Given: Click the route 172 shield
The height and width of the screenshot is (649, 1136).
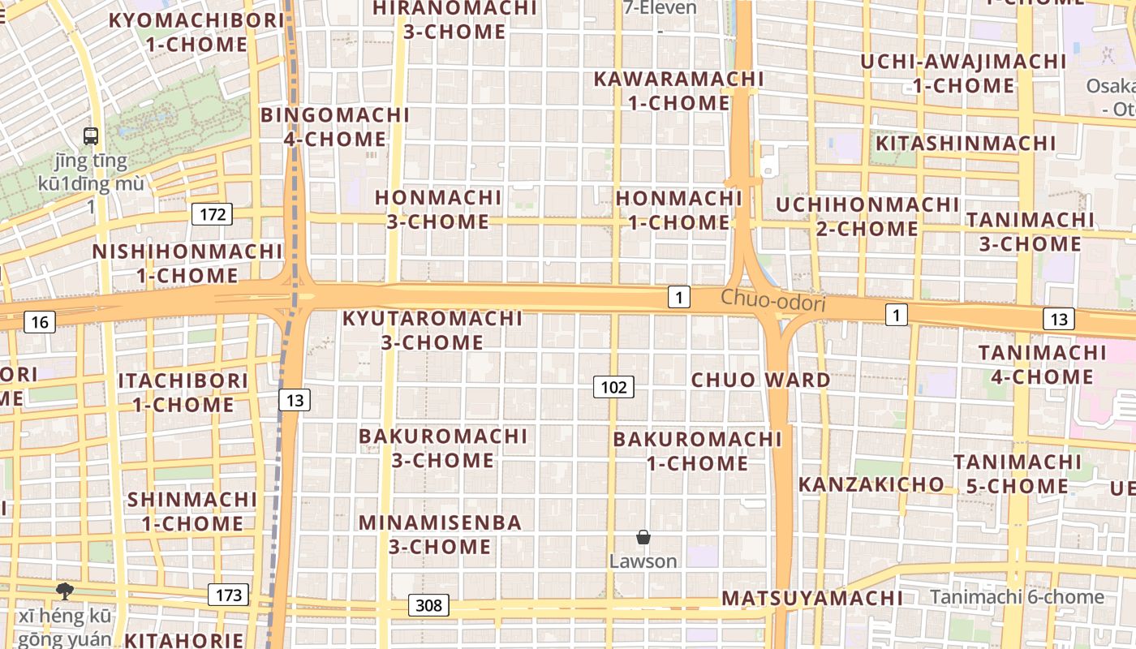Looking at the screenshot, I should coord(212,215).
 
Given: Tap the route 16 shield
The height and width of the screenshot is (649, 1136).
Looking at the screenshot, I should coord(39,322).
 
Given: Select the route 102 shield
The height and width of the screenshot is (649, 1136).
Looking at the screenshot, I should coord(613,387).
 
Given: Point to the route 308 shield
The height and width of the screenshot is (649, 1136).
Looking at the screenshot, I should coord(428,605).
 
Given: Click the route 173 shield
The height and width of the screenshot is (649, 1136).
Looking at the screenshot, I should coord(229,595).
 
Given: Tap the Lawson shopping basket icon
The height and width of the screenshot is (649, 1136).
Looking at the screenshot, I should coord(643,537).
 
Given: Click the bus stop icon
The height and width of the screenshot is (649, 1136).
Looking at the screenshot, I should coord(91,136).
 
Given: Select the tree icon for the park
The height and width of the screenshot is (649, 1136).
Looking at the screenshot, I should coord(64,591).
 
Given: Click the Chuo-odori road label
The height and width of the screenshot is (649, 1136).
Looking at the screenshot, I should coord(772,303).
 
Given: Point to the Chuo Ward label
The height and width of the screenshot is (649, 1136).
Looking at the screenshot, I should coord(760,380).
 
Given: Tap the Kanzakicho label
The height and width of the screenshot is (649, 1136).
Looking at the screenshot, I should coord(871,485).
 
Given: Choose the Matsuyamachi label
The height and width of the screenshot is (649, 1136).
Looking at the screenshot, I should coord(811,599).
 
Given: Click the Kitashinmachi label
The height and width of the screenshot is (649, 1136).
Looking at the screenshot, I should coord(966,144).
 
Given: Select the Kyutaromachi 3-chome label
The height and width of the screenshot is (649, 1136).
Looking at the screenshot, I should coord(432,330).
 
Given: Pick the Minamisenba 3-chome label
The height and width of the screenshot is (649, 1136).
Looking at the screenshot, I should coord(440,534).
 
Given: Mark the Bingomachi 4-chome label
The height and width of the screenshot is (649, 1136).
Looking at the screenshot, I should coord(335,127).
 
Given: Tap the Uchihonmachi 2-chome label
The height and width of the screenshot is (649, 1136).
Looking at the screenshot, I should coord(867,217).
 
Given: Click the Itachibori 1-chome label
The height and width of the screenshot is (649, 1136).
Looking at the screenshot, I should coord(183,392).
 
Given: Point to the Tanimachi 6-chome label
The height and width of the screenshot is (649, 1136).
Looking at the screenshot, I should coord(1017,598).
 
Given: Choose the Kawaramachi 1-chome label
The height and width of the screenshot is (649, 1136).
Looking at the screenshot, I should coord(678,91).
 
